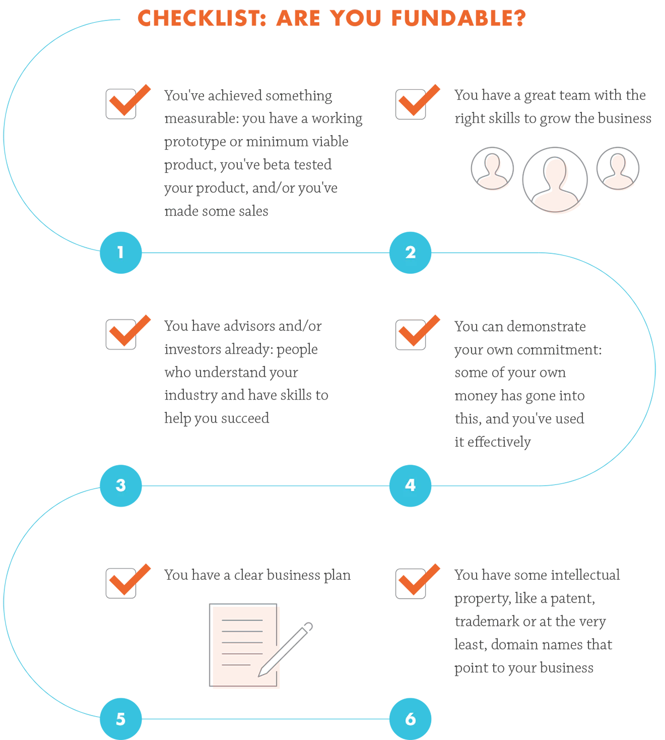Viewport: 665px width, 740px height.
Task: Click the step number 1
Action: [x=120, y=252]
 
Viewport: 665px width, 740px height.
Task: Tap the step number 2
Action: [x=410, y=252]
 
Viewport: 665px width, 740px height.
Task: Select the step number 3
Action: [x=121, y=485]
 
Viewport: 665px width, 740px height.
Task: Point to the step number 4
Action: [x=410, y=485]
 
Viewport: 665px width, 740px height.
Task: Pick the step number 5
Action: [x=121, y=719]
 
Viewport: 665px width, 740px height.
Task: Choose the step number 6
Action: [x=410, y=719]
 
